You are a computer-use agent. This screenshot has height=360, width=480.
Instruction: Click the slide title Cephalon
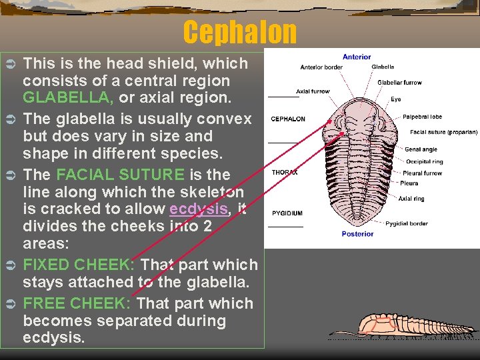click(239, 32)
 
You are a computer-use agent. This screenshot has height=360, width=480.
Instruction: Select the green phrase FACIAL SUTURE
click(121, 175)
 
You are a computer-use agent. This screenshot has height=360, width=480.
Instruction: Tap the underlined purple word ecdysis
click(199, 209)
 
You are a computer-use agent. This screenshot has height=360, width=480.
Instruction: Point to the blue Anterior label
click(357, 57)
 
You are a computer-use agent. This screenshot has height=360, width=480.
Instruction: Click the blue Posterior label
click(357, 234)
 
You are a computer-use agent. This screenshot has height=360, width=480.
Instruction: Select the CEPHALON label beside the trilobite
click(288, 119)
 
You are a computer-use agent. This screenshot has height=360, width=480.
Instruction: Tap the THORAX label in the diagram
click(285, 173)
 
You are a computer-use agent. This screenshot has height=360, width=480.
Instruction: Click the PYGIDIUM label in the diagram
click(287, 213)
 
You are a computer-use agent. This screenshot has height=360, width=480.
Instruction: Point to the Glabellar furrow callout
click(399, 83)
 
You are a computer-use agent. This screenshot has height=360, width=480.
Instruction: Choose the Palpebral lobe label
click(422, 117)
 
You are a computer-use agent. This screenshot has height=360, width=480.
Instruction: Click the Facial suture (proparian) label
click(443, 132)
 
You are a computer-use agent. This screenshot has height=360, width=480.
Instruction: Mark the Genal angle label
click(421, 149)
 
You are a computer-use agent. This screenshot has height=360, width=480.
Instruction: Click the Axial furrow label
click(313, 91)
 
